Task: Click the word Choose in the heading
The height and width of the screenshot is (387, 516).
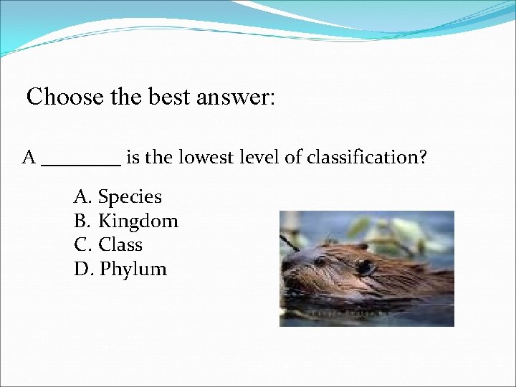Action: click(59, 96)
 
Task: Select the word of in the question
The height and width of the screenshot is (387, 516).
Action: click(292, 157)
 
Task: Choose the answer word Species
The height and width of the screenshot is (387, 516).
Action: click(130, 196)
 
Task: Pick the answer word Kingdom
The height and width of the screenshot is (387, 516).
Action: click(138, 221)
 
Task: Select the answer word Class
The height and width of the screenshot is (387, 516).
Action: click(120, 245)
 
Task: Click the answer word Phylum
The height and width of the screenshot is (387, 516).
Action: click(133, 269)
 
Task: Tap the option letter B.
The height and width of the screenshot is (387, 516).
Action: click(81, 221)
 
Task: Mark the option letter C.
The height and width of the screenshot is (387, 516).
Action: click(81, 245)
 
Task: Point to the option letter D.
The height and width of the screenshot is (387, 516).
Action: click(82, 269)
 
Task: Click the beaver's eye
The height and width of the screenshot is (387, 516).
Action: click(364, 266)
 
